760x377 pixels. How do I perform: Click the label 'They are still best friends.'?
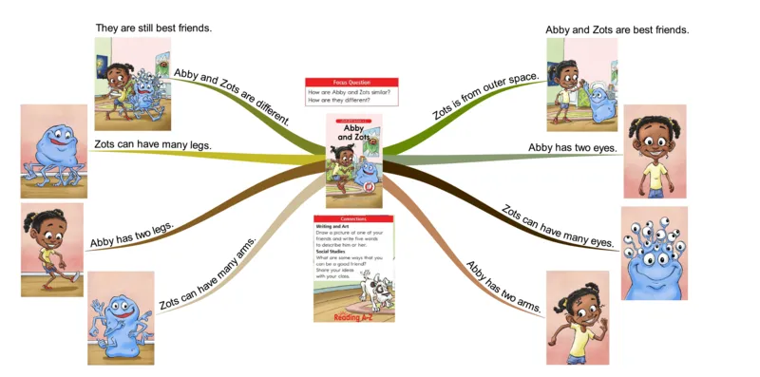click(x=153, y=28)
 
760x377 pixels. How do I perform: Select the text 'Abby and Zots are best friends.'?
click(x=617, y=29)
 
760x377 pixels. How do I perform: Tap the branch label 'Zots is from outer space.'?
click(x=485, y=96)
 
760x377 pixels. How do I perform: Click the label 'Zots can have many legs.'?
click(x=152, y=144)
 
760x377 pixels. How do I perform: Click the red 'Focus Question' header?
click(x=351, y=82)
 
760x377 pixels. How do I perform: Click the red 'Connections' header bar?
click(x=353, y=218)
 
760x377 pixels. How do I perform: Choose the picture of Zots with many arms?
click(x=121, y=318)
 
